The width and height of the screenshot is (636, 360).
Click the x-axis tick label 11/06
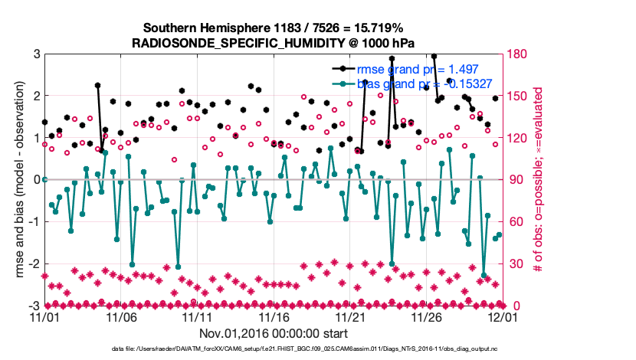(x=121, y=316)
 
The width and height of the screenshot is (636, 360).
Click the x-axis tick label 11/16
(x=274, y=316)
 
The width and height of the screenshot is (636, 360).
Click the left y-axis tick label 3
(x=36, y=54)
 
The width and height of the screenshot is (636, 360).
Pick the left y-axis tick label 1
(x=36, y=138)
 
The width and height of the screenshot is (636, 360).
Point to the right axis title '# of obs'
(x=539, y=180)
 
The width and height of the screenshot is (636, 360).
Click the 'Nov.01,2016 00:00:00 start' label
(x=274, y=333)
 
